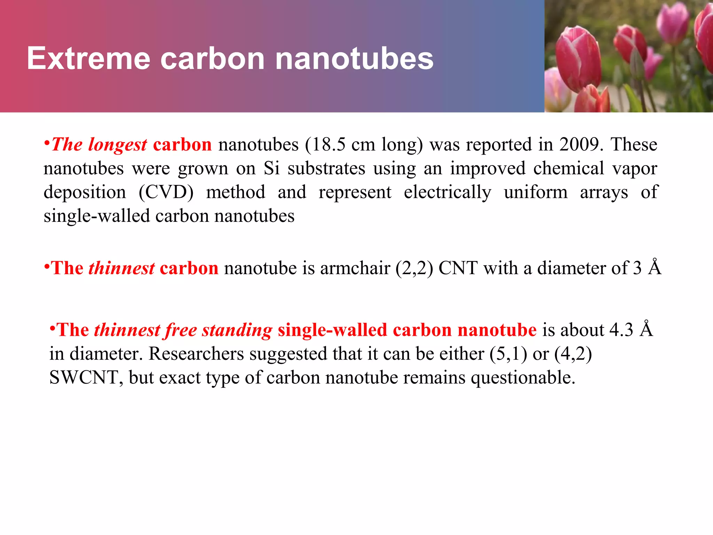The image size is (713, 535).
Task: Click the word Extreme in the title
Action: (x=88, y=59)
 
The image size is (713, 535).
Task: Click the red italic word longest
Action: (x=118, y=145)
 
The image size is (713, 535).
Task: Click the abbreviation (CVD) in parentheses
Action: (x=166, y=192)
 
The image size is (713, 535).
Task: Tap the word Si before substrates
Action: (x=272, y=169)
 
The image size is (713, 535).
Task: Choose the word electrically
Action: (x=447, y=192)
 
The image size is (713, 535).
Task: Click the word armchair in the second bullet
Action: (x=355, y=268)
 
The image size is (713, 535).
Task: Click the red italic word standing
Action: (x=237, y=330)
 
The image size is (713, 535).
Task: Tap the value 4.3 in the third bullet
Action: (x=621, y=330)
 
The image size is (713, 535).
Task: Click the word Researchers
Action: (x=196, y=354)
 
